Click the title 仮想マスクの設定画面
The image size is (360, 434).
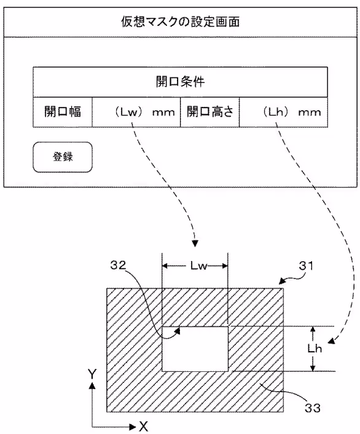180,24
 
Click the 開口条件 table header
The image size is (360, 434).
180,81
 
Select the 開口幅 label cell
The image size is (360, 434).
61,112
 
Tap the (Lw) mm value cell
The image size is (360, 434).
136,112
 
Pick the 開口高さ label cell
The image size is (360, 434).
209,112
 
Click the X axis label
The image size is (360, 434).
143,425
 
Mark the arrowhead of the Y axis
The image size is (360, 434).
92,386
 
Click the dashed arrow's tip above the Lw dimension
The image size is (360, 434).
195,243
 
